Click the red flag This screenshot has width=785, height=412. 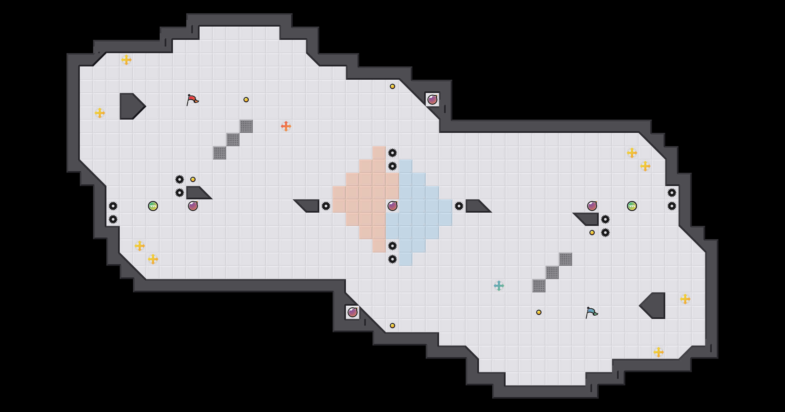pos(192,100)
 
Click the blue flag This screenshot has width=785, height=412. pos(591,312)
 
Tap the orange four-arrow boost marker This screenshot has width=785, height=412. pos(286,126)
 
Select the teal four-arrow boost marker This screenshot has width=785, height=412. pos(499,286)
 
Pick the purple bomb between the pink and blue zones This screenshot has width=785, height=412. pos(392,206)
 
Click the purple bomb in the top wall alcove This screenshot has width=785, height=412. pos(432,100)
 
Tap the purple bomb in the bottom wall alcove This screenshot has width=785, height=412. pos(353,312)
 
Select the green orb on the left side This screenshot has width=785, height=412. pos(153,206)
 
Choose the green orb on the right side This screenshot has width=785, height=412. pos(632,206)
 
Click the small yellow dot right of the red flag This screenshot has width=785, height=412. pos(246,100)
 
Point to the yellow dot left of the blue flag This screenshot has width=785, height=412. pos(539,312)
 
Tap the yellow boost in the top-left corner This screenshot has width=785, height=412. pos(126,60)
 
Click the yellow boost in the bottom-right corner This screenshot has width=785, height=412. pos(659,352)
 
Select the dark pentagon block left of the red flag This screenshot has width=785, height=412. pos(130,106)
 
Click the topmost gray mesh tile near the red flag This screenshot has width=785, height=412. pos(246,126)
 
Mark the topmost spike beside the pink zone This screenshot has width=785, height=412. pos(392,153)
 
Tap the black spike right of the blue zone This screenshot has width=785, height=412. pos(459,206)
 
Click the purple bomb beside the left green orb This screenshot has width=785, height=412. pos(193,206)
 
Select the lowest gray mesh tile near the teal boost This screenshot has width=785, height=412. pos(539,286)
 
